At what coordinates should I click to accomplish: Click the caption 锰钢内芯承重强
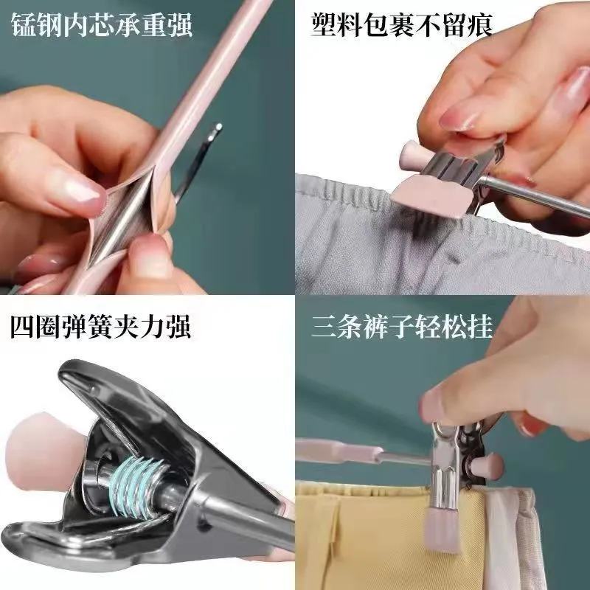[x=102, y=25]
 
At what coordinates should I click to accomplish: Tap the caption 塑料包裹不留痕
[x=402, y=25]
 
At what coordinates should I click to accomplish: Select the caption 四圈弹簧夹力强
[x=100, y=326]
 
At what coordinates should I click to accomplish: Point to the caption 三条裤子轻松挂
[x=402, y=326]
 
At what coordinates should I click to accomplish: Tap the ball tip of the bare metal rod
[x=217, y=128]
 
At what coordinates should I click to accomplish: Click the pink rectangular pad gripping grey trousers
[x=431, y=196]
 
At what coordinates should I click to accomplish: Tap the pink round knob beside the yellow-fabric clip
[x=487, y=467]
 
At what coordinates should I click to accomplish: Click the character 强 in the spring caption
[x=178, y=326]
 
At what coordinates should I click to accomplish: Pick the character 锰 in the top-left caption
[x=24, y=25]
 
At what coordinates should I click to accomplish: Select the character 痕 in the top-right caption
[x=480, y=25]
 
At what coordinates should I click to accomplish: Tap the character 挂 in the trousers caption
[x=481, y=326]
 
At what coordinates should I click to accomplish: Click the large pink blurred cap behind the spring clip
[x=45, y=451]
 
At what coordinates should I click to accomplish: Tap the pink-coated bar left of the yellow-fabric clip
[x=339, y=451]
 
